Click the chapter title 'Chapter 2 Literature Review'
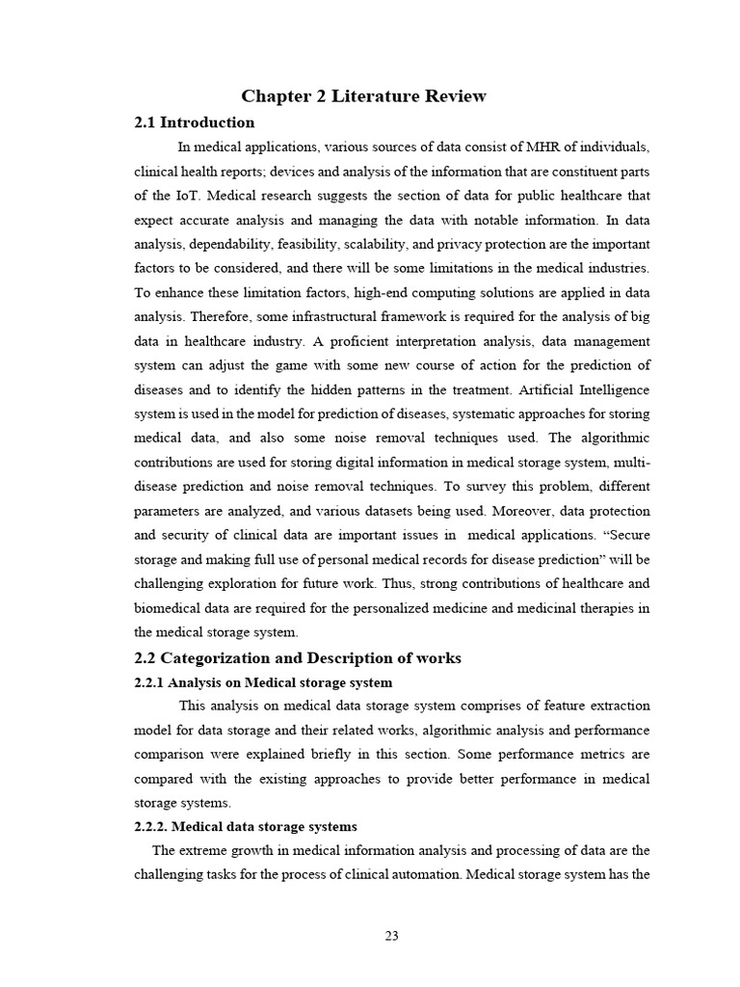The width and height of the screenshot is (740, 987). click(363, 95)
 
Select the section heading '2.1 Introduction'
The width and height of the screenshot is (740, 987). click(194, 122)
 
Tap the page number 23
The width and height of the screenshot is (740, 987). click(391, 935)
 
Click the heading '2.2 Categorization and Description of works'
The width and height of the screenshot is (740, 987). click(298, 658)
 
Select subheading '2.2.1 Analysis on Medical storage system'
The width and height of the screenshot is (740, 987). click(263, 682)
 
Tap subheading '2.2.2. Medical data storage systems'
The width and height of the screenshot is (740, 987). click(245, 827)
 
